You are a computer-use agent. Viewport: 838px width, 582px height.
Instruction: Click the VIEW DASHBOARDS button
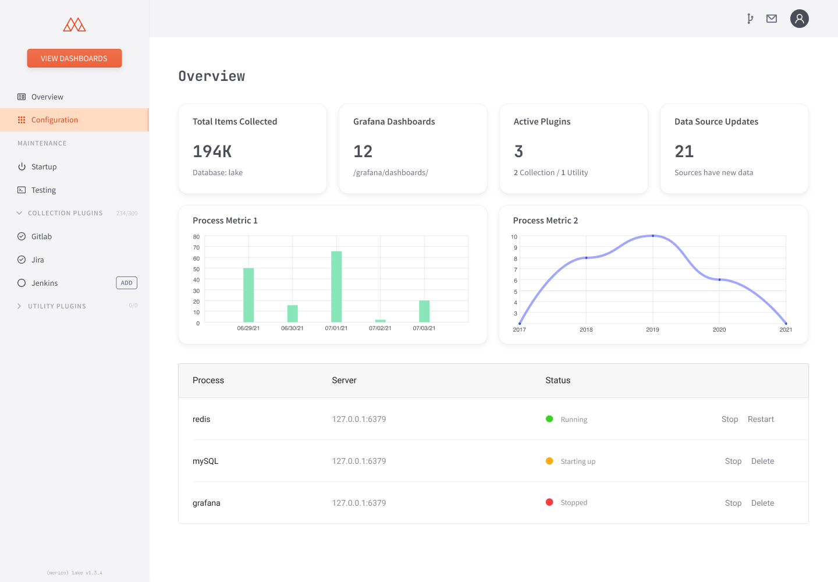(x=74, y=58)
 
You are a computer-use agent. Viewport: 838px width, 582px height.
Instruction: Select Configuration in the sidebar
(x=54, y=120)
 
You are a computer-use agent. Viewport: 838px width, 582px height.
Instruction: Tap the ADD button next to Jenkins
(x=126, y=283)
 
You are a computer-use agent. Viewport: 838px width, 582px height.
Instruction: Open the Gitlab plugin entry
(x=41, y=236)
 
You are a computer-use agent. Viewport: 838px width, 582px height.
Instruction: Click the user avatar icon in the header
(x=799, y=19)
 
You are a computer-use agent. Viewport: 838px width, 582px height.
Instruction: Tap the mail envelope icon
(x=772, y=19)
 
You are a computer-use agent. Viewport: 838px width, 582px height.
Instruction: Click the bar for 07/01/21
(x=336, y=286)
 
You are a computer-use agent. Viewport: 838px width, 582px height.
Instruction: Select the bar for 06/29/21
(x=248, y=295)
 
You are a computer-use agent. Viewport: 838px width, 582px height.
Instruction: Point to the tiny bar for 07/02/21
(x=380, y=321)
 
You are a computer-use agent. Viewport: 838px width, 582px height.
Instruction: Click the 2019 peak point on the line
(x=653, y=236)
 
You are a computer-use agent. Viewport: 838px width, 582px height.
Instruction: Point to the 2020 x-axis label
(x=719, y=329)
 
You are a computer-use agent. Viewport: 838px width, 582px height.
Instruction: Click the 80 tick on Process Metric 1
(x=196, y=237)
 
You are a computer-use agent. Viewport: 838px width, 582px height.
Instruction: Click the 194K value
(x=212, y=151)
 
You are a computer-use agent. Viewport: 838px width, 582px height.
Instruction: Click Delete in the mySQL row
(x=762, y=461)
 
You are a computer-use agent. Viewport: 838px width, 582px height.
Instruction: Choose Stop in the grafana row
(x=733, y=503)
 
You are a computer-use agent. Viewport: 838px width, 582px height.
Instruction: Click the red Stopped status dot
(x=549, y=502)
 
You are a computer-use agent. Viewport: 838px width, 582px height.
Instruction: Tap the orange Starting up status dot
(x=549, y=461)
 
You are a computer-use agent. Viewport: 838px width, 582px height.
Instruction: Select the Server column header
(x=344, y=380)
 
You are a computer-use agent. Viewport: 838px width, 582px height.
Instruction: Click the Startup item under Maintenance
(x=44, y=166)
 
